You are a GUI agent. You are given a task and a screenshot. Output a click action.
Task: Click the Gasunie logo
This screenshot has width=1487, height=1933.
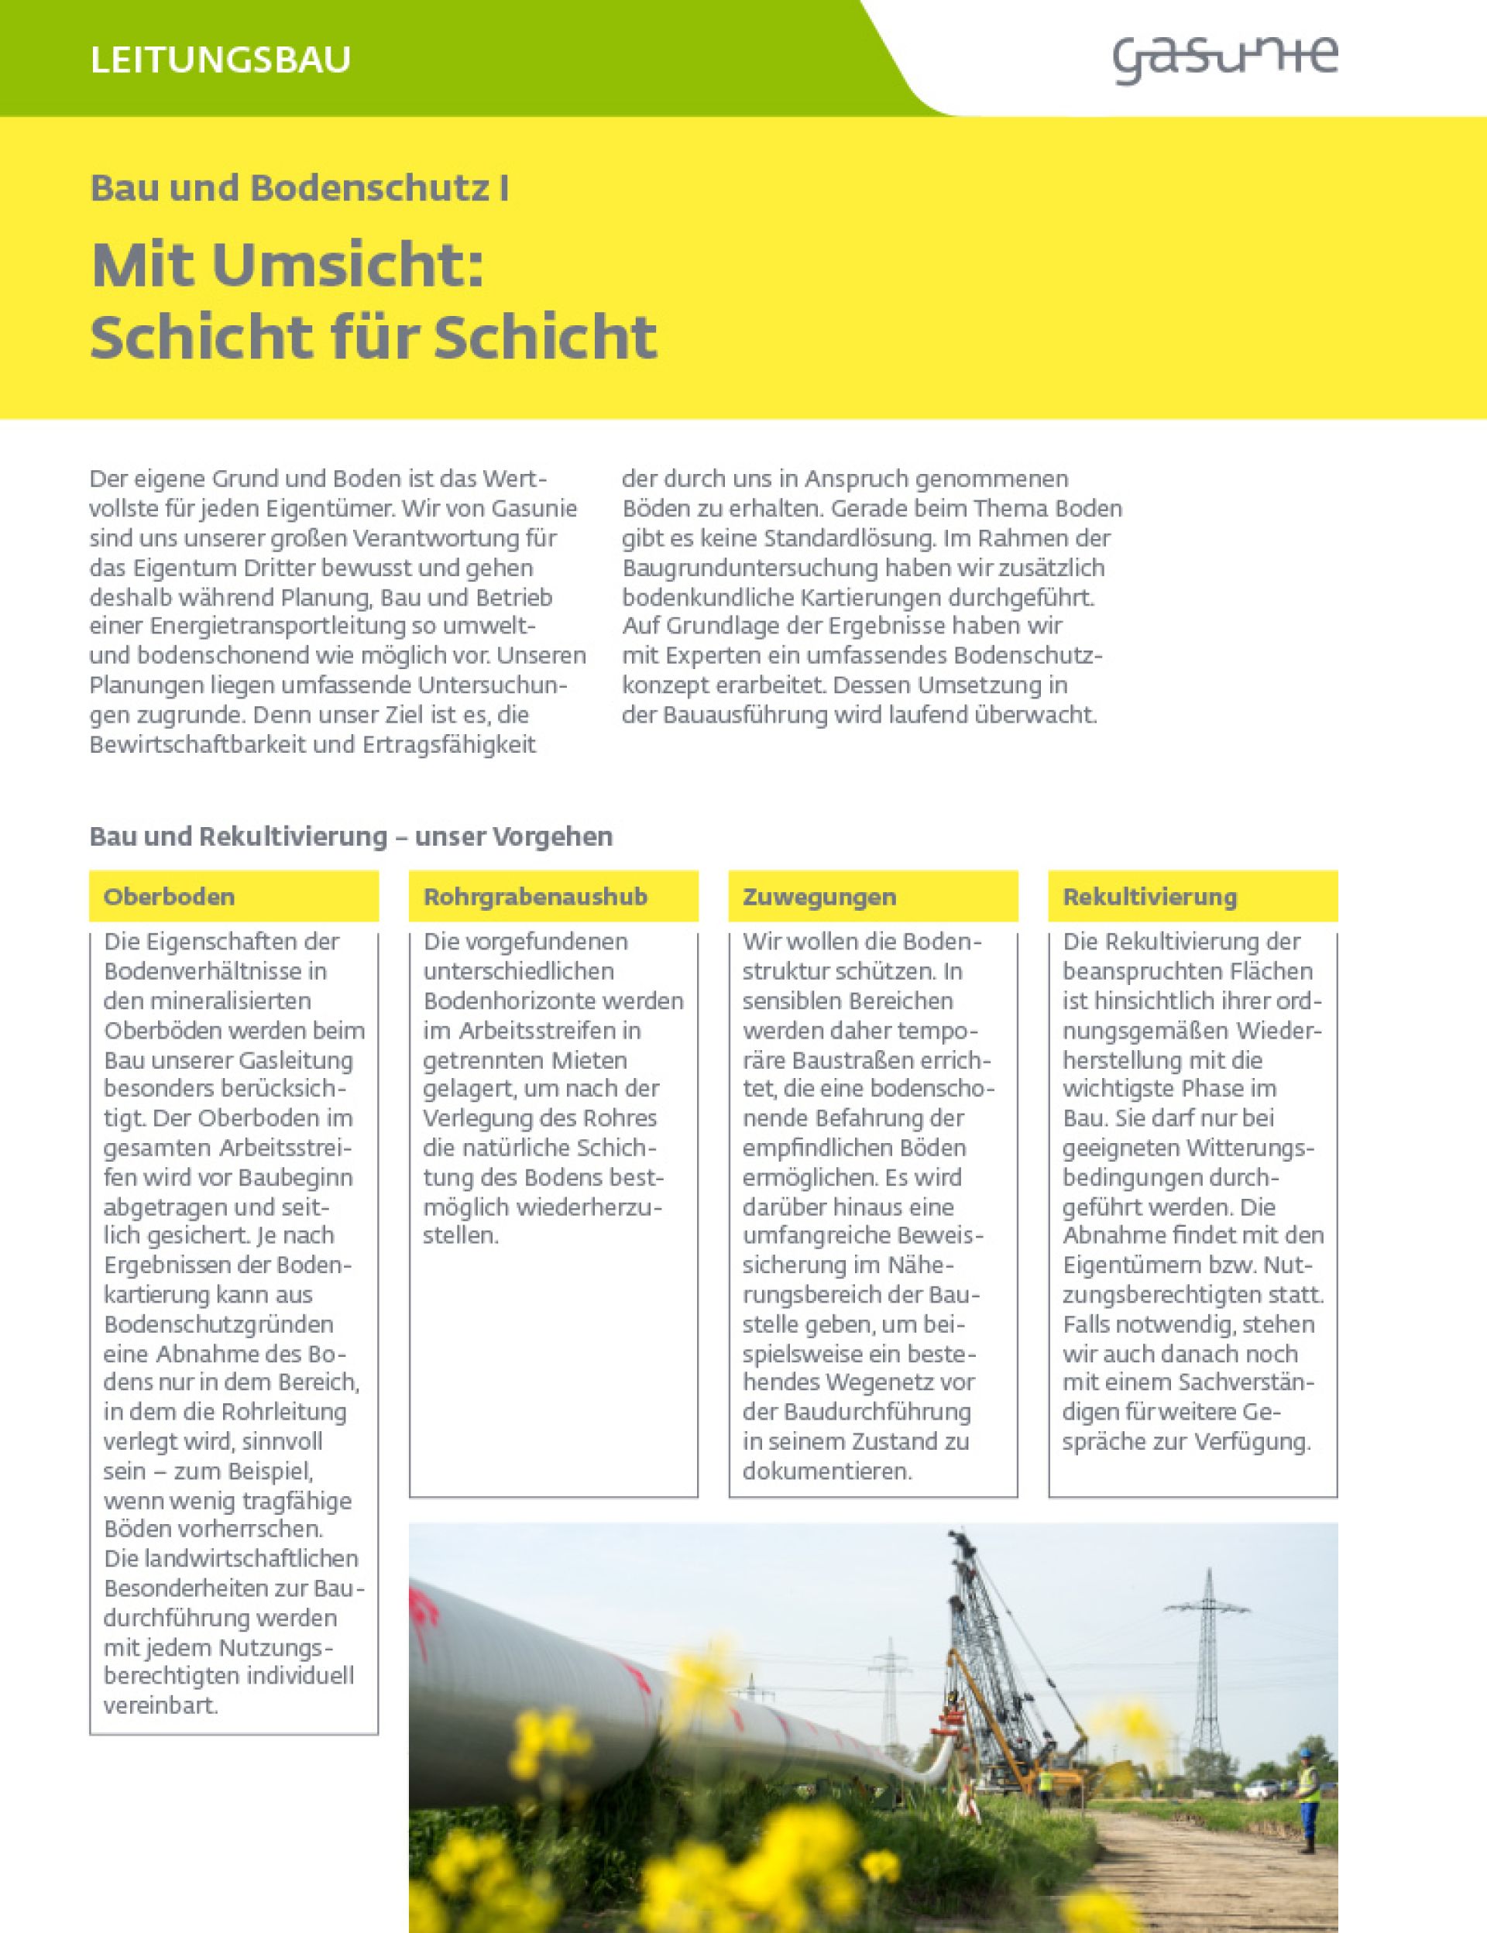click(x=1224, y=60)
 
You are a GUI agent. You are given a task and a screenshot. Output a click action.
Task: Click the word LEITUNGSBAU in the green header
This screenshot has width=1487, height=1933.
click(x=221, y=60)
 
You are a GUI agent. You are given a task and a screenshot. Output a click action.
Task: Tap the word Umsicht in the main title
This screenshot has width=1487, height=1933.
click(x=347, y=265)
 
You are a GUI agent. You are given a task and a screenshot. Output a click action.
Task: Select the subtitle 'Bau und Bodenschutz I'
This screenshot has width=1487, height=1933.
click(x=299, y=187)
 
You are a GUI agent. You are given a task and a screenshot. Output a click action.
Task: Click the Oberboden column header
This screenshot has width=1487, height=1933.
click(x=169, y=897)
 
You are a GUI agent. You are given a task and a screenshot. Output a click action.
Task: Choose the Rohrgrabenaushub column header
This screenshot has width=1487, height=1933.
click(x=534, y=897)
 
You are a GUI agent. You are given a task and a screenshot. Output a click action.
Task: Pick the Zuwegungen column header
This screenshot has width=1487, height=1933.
click(x=819, y=897)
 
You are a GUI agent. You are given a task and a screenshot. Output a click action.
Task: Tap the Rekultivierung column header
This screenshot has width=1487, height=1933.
click(x=1149, y=897)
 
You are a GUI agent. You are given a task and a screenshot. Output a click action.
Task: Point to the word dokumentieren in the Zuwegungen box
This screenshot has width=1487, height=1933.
click(x=826, y=1471)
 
